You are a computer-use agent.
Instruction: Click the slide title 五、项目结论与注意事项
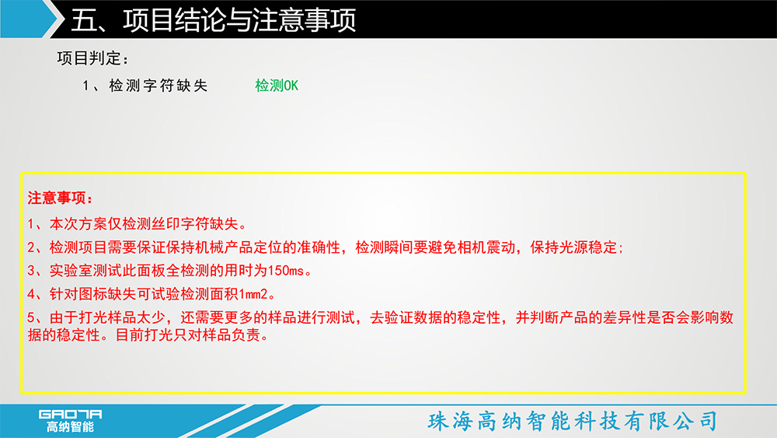pos(213,20)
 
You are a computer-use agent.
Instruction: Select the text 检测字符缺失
pos(158,86)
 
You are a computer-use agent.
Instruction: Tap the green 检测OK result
pos(277,86)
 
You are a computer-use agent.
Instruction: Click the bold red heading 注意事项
pos(57,198)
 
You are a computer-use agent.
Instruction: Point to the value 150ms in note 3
pos(285,271)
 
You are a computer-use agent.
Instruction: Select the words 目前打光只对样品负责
pos(187,335)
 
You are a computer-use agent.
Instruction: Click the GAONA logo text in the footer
pos(71,414)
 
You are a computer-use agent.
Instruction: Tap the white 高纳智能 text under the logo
pos(71,426)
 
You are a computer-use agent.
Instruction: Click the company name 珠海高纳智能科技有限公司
pos(573,421)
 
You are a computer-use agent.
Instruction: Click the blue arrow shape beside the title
pos(29,19)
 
